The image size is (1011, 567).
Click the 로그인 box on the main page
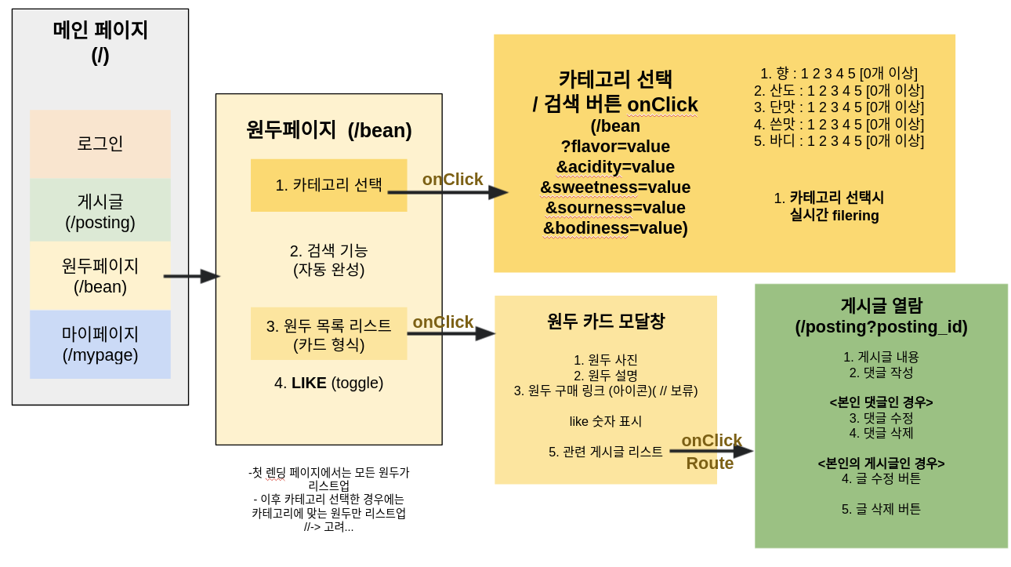pyautogui.click(x=100, y=144)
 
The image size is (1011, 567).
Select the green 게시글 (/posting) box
pyautogui.click(x=100, y=210)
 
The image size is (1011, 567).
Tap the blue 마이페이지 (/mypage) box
pyautogui.click(x=100, y=344)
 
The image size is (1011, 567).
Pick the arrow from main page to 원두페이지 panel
pyautogui.click(x=191, y=276)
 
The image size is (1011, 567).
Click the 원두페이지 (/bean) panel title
pyautogui.click(x=328, y=130)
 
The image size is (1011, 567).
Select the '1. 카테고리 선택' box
pyautogui.click(x=328, y=185)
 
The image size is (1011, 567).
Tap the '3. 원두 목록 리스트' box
pyautogui.click(x=328, y=334)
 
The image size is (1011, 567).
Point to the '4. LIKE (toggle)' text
pyautogui.click(x=328, y=383)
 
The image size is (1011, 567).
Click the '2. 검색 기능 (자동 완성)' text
pyautogui.click(x=328, y=260)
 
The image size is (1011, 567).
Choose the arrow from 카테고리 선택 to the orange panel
pyautogui.click(x=448, y=192)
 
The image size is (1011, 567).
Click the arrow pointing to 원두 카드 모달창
pyautogui.click(x=451, y=333)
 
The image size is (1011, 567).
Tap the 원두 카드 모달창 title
pyautogui.click(x=605, y=322)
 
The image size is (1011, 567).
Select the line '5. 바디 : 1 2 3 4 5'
pyautogui.click(x=839, y=141)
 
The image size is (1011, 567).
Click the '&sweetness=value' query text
pyautogui.click(x=615, y=187)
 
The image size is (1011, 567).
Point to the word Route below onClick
pyautogui.click(x=709, y=463)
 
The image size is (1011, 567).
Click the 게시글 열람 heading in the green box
pyautogui.click(x=881, y=306)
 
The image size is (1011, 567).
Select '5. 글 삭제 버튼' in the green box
pyautogui.click(x=881, y=510)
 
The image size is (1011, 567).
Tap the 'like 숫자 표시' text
pyautogui.click(x=605, y=422)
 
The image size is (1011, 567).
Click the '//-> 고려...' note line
pyautogui.click(x=328, y=527)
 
